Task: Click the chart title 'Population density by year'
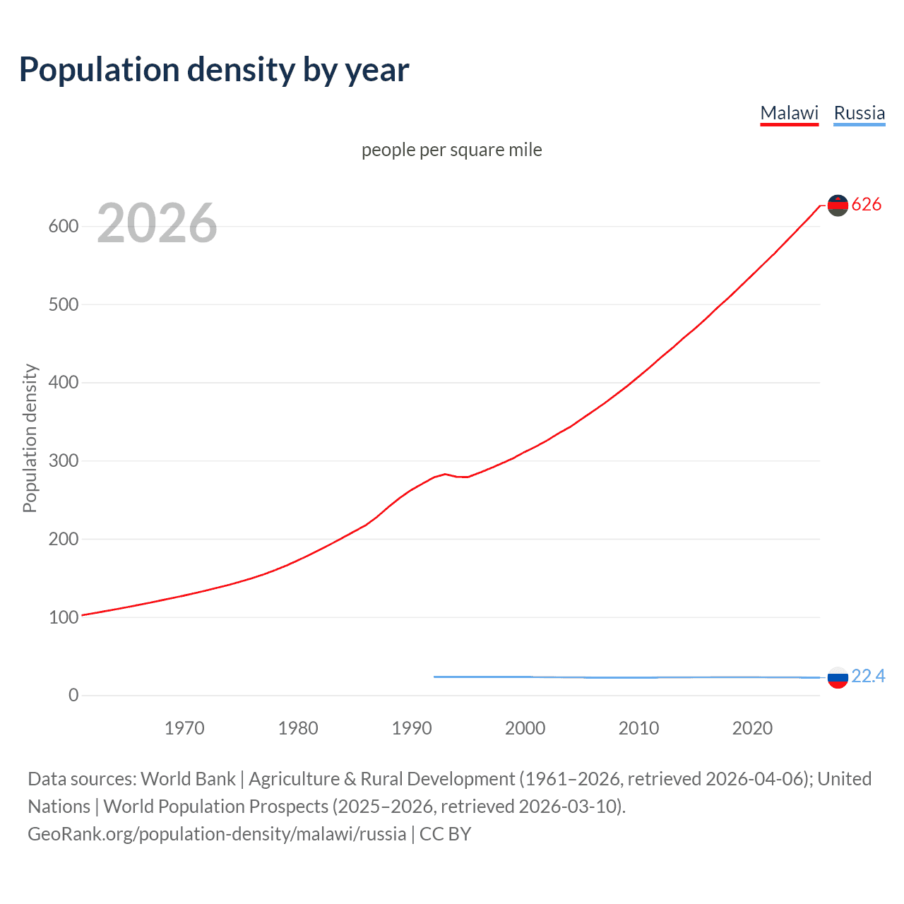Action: [x=214, y=70]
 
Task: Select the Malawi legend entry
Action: [x=789, y=113]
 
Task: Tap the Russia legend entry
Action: [x=859, y=113]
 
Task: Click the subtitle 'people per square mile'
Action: [x=451, y=150]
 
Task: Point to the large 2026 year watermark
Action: [x=157, y=223]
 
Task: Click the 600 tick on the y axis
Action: [x=63, y=227]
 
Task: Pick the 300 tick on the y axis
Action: [x=63, y=460]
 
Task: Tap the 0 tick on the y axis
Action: [x=73, y=695]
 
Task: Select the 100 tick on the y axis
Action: [x=63, y=617]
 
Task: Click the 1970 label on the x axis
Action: [x=184, y=728]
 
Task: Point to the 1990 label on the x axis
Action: [x=412, y=728]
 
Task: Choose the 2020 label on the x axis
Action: [x=752, y=728]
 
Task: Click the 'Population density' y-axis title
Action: [x=30, y=438]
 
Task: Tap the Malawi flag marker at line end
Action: [x=838, y=206]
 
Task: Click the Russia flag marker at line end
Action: [x=838, y=677]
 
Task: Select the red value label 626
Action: [x=867, y=205]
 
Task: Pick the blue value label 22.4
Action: [x=868, y=677]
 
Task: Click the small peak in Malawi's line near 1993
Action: [x=445, y=474]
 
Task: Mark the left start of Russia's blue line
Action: [x=434, y=677]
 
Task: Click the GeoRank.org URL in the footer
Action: [x=217, y=834]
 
